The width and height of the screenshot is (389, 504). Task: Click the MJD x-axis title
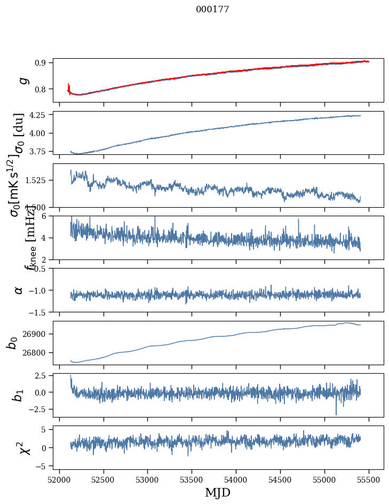[x=218, y=492]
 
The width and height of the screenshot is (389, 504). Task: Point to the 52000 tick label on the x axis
[x=59, y=479]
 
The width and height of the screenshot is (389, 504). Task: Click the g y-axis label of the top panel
[x=23, y=80]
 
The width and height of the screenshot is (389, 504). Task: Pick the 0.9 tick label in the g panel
[x=43, y=62]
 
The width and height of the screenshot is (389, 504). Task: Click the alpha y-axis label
[x=19, y=289]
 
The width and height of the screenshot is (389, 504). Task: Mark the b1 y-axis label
[x=19, y=395]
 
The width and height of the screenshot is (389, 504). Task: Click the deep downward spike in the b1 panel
[x=336, y=413]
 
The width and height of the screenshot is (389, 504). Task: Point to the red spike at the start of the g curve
[x=69, y=86]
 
